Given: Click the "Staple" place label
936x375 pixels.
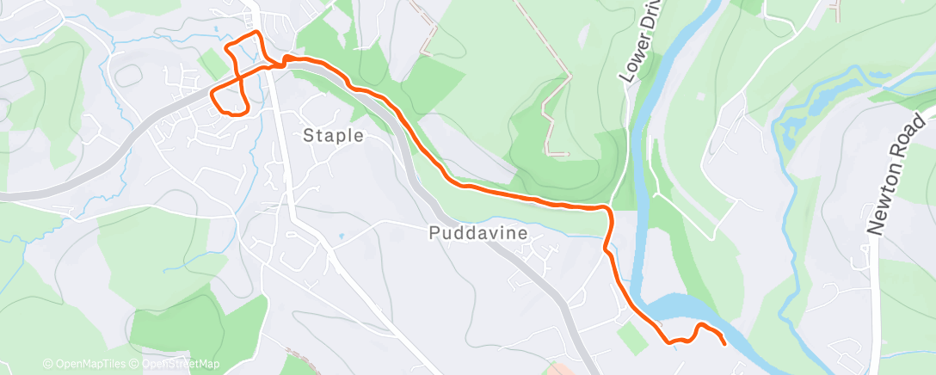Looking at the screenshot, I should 334,136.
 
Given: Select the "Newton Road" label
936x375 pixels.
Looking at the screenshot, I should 900,173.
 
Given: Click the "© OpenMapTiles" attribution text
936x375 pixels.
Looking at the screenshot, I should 83,365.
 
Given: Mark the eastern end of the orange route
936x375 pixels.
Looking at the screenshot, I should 724,344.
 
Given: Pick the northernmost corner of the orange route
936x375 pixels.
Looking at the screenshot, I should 257,33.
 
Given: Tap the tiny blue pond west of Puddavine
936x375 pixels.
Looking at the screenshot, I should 342,234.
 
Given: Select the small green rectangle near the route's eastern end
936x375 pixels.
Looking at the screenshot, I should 632,339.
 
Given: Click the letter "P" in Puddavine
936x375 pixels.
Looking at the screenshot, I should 434,232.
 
